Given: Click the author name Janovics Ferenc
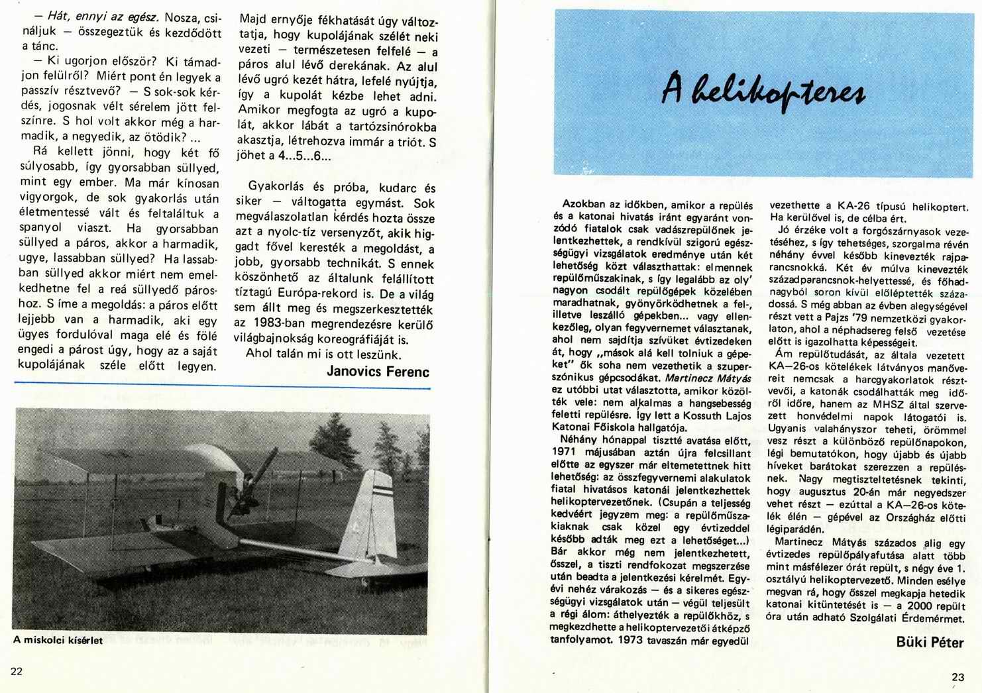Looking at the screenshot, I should point(378,371).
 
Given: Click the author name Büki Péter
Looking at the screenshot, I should point(930,642).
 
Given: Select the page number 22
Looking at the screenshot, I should point(17,671).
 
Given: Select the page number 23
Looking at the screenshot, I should point(958,676).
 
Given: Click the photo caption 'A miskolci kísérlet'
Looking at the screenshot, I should point(58,641).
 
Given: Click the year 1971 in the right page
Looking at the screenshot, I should point(563,453).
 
